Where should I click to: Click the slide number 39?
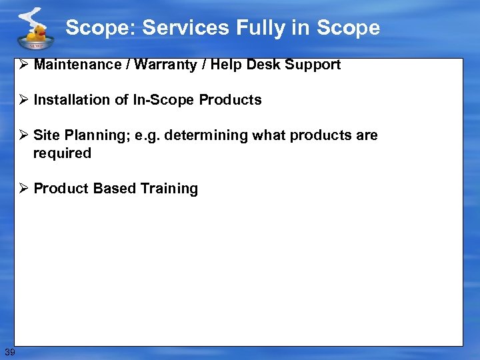9,351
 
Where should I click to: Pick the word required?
62,153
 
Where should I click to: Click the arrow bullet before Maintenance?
25,65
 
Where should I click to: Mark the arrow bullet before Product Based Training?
25,189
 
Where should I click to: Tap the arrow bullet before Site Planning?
25,135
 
